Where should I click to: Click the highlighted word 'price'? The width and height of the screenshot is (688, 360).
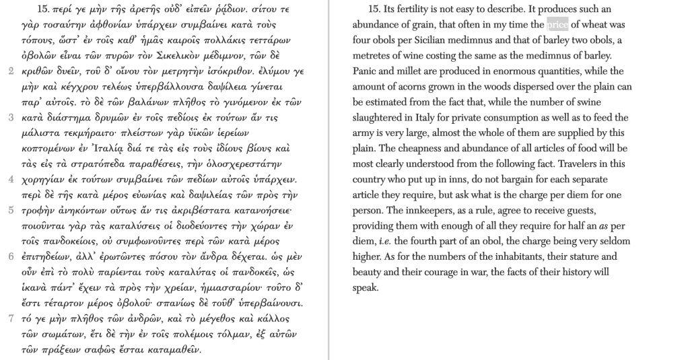click(x=557, y=25)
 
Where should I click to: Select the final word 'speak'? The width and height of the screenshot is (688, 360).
click(x=366, y=287)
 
